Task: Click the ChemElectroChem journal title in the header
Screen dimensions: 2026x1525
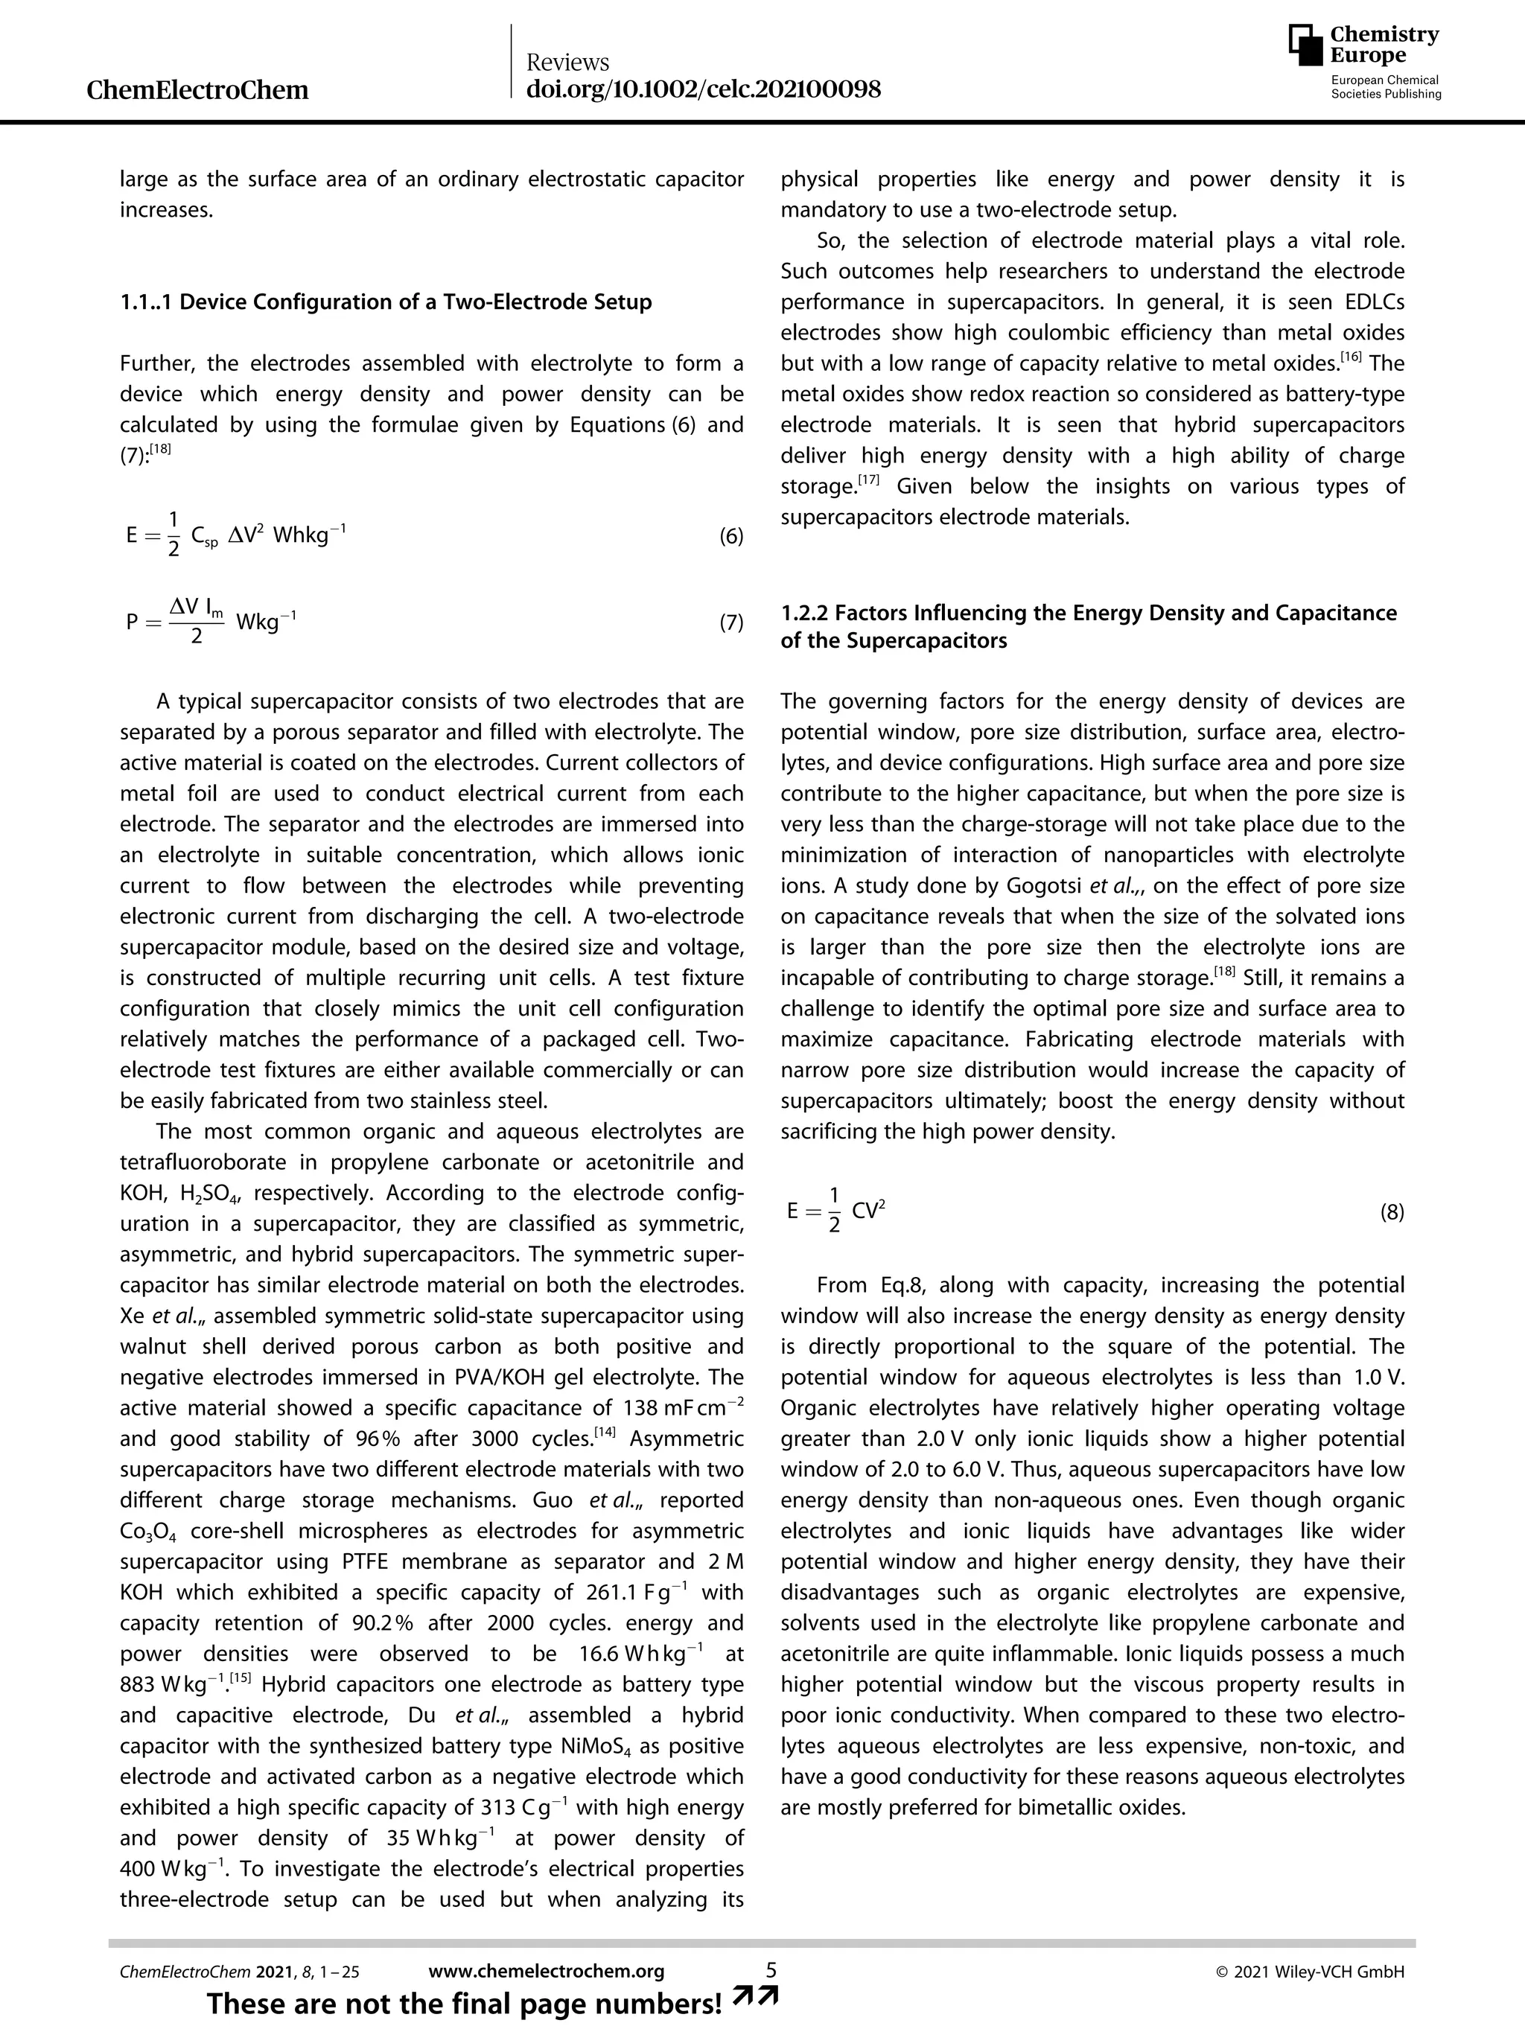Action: (x=197, y=90)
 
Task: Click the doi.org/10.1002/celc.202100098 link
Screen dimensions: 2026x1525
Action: (x=704, y=89)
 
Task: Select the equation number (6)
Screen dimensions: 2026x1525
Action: (x=730, y=537)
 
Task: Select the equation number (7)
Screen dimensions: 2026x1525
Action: (x=730, y=624)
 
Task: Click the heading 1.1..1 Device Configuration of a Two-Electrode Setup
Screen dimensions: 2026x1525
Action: (x=386, y=302)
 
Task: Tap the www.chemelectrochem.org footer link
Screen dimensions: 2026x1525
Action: (x=546, y=1971)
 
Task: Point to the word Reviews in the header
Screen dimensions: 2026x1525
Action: (x=568, y=63)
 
